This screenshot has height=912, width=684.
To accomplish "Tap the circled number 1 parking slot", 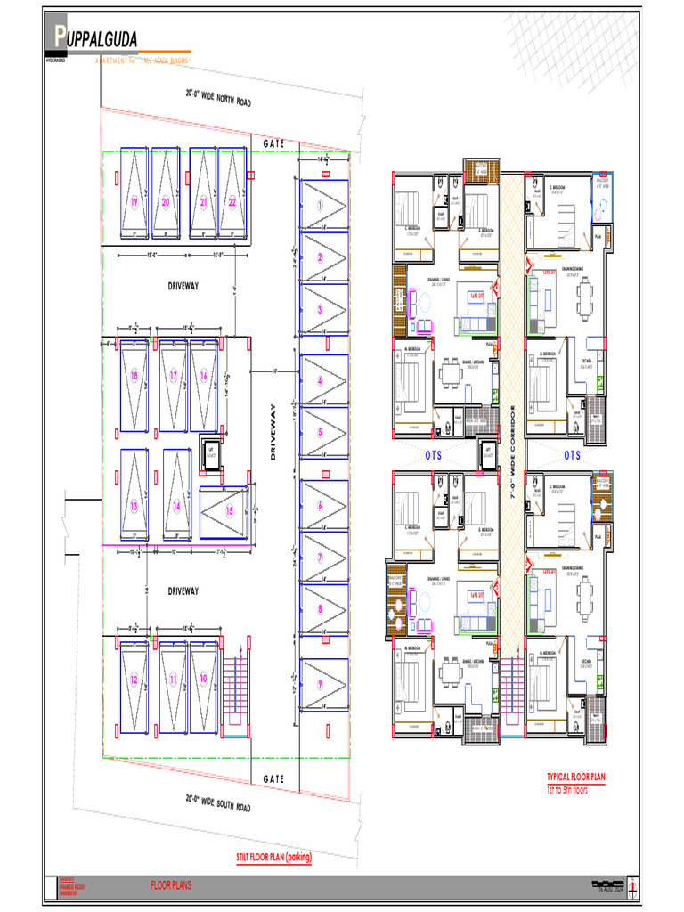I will tap(320, 205).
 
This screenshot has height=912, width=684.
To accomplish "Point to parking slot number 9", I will tap(320, 684).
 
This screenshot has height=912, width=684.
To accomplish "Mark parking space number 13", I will tap(134, 505).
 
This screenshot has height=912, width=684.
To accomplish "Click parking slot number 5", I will tap(320, 433).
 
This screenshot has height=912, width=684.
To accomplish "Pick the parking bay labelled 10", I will tap(203, 679).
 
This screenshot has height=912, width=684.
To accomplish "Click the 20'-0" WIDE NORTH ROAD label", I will tap(218, 98).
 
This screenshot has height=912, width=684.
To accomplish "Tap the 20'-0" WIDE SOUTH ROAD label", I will tap(218, 802).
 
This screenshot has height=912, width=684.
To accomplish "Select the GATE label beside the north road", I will tap(273, 143).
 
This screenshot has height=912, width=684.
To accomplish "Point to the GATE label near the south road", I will tap(273, 778).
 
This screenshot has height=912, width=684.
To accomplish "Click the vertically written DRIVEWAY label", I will tap(274, 432).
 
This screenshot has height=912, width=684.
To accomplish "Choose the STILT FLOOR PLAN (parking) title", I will tap(273, 858).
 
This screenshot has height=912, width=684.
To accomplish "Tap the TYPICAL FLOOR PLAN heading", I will tap(575, 777).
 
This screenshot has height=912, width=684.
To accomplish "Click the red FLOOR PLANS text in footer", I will tap(171, 885).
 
